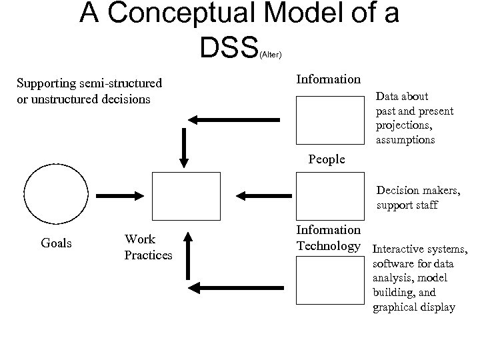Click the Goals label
coord(57,243)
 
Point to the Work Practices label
coord(148,247)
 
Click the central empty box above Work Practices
coord(186,195)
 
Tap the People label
coord(327,159)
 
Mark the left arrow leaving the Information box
coord(233,119)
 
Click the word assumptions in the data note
coord(405,140)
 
